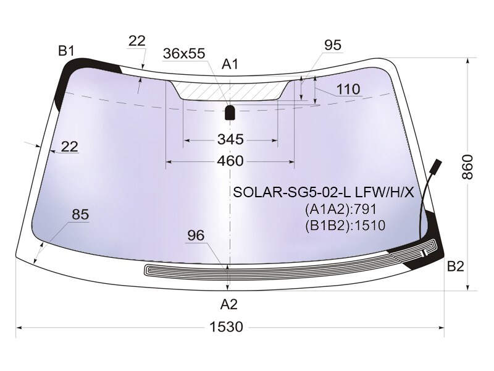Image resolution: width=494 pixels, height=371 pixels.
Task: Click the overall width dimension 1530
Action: tap(226, 327)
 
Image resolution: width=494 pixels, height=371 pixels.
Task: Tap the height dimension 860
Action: tap(467, 167)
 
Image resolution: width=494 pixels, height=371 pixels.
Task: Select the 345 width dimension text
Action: tap(230, 139)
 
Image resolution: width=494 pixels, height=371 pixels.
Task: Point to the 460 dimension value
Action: tap(230, 161)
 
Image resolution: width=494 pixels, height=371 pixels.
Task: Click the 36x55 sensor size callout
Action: tap(184, 53)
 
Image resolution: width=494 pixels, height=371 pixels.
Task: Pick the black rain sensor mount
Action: tap(230, 113)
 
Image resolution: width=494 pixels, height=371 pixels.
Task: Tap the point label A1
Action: tap(230, 64)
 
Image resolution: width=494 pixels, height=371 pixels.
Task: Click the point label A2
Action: tap(228, 304)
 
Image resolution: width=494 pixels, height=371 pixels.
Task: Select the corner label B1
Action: tap(66, 51)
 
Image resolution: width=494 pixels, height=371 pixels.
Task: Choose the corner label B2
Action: tap(456, 267)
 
